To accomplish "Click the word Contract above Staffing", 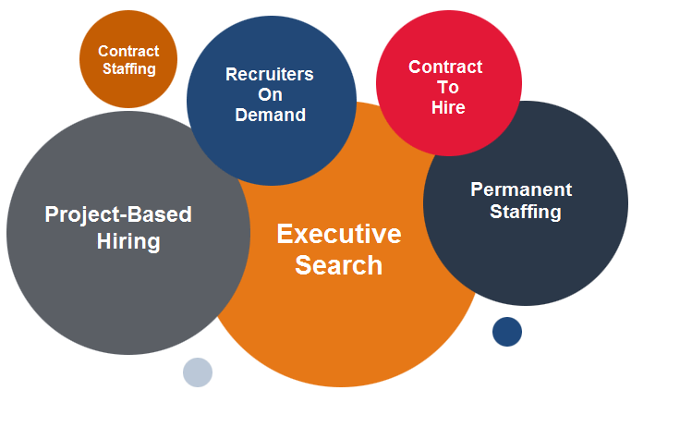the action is (128, 51).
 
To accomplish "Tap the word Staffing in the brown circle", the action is (129, 69).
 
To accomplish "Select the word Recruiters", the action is (270, 74).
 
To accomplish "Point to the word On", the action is (270, 94).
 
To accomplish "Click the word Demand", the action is (271, 115).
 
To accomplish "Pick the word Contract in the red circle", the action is (445, 67).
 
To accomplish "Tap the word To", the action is (448, 87).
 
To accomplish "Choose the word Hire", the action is (448, 107).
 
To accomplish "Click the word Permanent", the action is (521, 189).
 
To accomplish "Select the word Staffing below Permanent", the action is (526, 212).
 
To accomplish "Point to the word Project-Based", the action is (118, 215).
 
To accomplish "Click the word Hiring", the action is (128, 242).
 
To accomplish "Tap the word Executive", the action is (339, 234).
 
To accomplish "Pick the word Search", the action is (338, 265).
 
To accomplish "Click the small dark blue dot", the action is (507, 332).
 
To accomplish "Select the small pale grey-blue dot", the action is (198, 372).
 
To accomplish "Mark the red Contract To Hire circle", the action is (449, 83).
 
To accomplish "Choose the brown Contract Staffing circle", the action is (128, 59).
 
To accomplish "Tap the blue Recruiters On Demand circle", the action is (272, 101).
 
